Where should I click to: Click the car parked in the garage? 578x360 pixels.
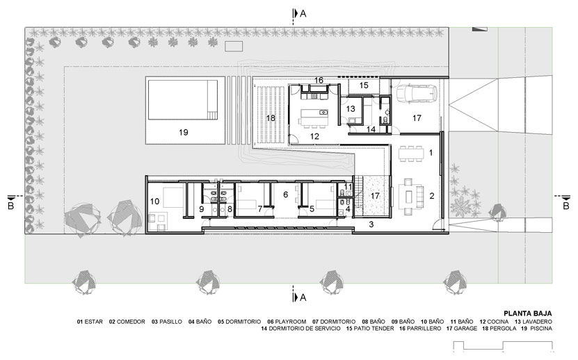click(417, 93)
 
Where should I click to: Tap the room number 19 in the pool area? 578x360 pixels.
click(184, 132)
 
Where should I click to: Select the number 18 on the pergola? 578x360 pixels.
click(271, 118)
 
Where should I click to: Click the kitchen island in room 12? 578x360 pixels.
click(314, 117)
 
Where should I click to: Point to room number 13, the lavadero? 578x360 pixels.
click(351, 108)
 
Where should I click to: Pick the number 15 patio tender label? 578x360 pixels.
click(364, 85)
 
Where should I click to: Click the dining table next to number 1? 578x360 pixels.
click(410, 154)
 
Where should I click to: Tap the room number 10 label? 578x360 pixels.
click(155, 201)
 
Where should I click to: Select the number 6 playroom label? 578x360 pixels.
click(285, 194)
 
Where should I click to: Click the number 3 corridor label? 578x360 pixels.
click(371, 224)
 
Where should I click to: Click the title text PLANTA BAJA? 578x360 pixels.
click(528, 313)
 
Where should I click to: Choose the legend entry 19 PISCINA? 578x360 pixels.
click(537, 328)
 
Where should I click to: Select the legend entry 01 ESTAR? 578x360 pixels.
click(90, 322)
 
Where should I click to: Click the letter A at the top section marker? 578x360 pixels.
click(303, 14)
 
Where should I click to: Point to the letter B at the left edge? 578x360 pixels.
click(10, 206)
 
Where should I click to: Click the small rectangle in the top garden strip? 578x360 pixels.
click(234, 47)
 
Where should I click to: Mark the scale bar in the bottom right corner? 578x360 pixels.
click(503, 345)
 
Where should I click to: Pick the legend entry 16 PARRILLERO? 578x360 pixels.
click(420, 328)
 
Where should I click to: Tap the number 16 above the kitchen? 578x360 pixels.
click(319, 81)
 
